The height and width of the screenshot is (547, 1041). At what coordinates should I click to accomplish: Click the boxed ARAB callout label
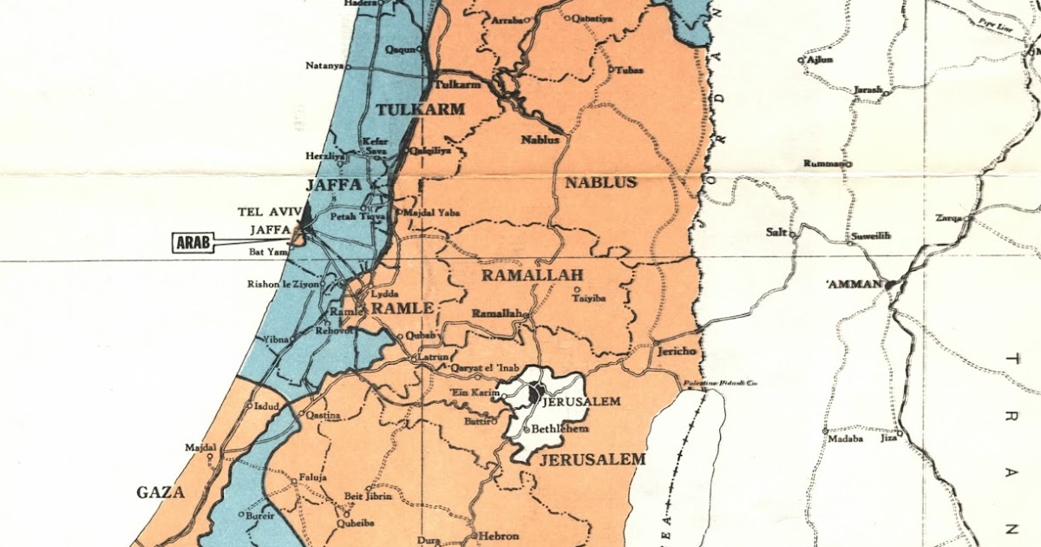tap(193, 242)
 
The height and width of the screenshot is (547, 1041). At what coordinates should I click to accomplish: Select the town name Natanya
tap(324, 66)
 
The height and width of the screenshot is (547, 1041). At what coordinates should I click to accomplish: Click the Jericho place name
tap(677, 352)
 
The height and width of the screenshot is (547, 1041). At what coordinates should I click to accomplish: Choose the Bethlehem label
tap(560, 429)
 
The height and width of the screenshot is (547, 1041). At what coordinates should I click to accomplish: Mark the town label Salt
tap(776, 232)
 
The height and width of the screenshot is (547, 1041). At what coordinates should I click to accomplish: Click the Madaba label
tap(845, 439)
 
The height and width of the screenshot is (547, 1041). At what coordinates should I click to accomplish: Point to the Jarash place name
tap(868, 89)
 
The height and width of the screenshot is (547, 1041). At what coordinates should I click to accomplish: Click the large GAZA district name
tap(160, 492)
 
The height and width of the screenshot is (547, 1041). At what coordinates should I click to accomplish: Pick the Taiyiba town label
tap(589, 300)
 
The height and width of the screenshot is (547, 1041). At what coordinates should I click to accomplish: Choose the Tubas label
tap(630, 69)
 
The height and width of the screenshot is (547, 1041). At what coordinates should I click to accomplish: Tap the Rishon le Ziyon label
tap(284, 284)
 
